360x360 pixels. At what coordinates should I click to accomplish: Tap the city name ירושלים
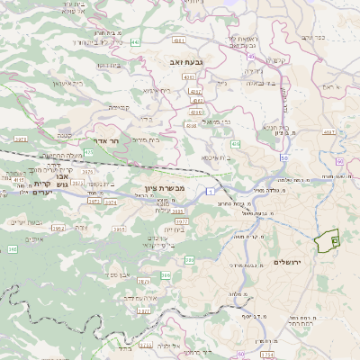tap(314, 258)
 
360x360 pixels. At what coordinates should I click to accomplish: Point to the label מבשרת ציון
tap(164, 187)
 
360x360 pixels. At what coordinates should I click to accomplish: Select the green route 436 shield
tap(235, 144)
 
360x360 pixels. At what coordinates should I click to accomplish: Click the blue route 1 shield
tap(208, 190)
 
